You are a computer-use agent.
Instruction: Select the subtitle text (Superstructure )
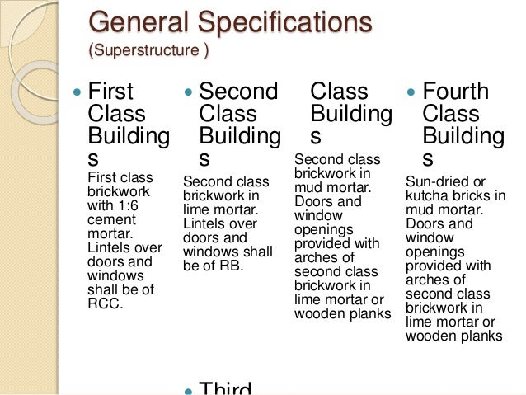148,52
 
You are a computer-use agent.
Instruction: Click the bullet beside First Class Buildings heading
77,91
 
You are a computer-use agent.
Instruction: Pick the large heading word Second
239,91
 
